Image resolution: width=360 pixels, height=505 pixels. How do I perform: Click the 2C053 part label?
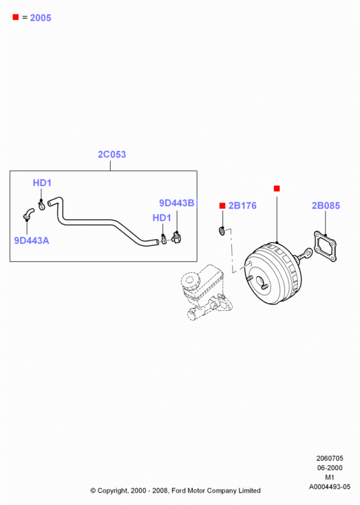tap(112, 154)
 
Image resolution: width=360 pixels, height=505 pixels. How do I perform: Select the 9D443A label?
tap(32, 240)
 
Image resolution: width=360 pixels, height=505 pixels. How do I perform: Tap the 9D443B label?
tap(177, 203)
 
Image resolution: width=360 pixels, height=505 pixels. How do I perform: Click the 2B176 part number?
tap(242, 205)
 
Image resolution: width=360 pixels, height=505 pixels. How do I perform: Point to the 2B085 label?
tap(326, 205)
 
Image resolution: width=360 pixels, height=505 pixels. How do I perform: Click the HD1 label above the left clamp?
tap(42, 183)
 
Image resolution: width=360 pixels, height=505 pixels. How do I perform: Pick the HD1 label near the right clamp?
tap(162, 218)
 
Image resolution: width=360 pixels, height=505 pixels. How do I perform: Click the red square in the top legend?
tap(15, 17)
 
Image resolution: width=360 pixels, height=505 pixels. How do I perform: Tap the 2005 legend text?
tap(41, 18)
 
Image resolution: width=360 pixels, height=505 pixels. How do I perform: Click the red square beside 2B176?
tap(222, 205)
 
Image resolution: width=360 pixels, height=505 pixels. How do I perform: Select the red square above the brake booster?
tap(277, 188)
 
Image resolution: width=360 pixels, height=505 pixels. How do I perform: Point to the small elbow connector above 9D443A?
tap(28, 214)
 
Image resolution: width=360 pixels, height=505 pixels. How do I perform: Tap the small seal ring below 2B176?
tap(222, 231)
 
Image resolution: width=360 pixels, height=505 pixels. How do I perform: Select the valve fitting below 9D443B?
tap(177, 238)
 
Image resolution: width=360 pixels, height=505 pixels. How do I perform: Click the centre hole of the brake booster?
tap(259, 280)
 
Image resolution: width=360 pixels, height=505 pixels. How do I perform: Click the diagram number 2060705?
tap(330, 458)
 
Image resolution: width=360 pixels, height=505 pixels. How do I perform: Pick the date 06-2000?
tap(330, 468)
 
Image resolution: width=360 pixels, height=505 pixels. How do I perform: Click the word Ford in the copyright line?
tap(178, 491)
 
